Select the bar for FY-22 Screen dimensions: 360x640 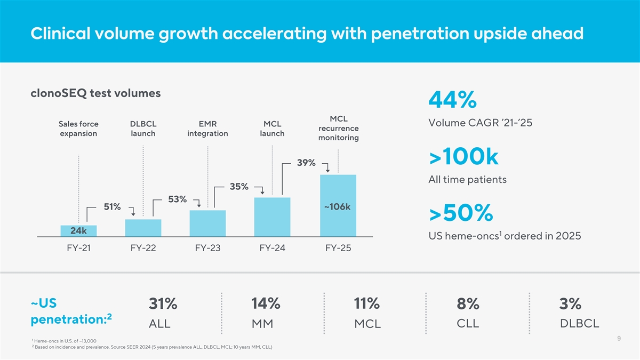143,228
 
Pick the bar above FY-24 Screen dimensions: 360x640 272,217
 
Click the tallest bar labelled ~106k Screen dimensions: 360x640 338,205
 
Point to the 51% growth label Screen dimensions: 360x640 112,206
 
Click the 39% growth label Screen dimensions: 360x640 306,162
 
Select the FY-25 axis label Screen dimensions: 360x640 337,248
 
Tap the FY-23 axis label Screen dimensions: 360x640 207,248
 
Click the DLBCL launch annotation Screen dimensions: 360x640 143,129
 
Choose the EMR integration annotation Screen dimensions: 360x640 207,129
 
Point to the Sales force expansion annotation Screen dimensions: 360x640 78,129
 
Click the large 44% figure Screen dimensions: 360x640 452,100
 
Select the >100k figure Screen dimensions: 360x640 463,157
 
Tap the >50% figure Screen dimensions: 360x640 461,213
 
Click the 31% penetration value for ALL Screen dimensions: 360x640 163,303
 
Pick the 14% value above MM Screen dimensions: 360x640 266,303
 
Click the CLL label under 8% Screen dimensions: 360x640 468,323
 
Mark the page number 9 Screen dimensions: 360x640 618,338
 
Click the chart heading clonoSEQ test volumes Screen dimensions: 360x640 96,93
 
